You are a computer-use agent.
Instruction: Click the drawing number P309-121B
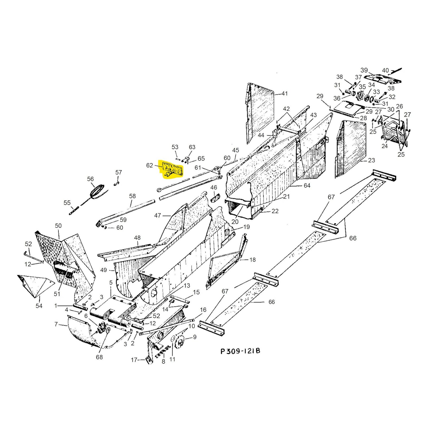pos(240,351)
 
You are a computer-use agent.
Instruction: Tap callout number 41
pos(285,93)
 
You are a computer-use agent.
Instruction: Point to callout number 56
pos(90,179)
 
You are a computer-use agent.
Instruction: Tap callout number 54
pos(39,306)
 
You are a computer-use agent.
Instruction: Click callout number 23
pos(371,160)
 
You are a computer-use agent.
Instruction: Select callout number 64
pos(307,185)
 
